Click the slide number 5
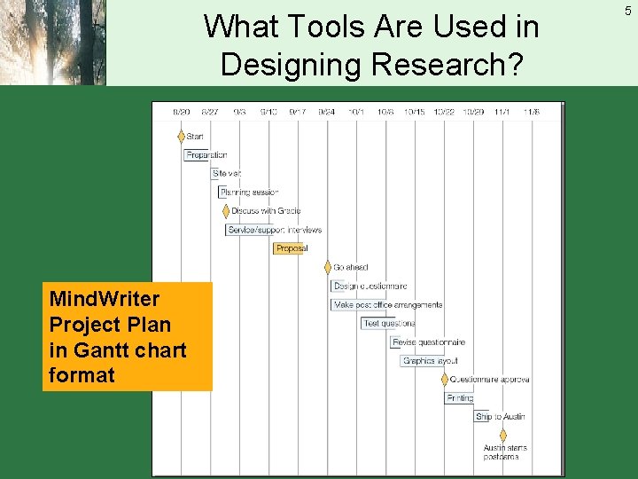(627, 11)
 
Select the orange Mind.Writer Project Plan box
(130, 336)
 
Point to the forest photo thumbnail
(53, 43)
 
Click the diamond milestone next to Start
(181, 137)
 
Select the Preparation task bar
(206, 155)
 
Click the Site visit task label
(227, 174)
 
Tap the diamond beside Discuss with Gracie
(225, 211)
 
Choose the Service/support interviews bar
(274, 230)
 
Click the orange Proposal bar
(291, 248)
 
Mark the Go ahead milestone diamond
(327, 267)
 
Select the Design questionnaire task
(370, 287)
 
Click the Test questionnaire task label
(388, 324)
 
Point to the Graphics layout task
(430, 361)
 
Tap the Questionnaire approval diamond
(445, 380)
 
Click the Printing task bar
(459, 398)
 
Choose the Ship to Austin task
(500, 417)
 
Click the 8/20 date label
(181, 112)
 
